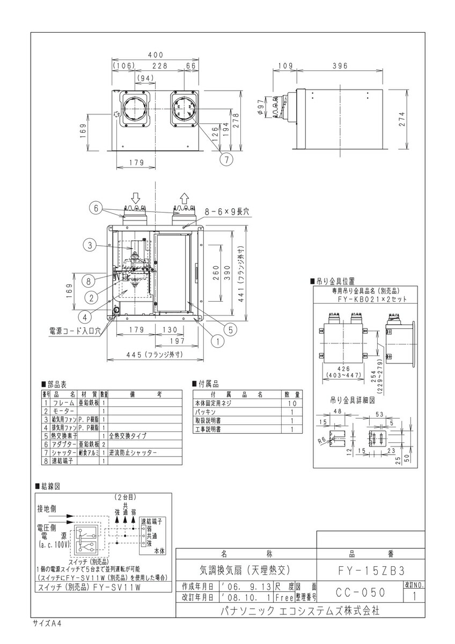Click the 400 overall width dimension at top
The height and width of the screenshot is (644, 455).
[156, 55]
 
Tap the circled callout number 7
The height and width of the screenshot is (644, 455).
[226, 159]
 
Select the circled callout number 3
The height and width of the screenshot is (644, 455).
[90, 246]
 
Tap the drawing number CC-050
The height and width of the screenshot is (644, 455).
[360, 592]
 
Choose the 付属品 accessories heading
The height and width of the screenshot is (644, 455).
[206, 384]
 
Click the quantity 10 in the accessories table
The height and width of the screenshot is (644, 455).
[291, 402]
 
